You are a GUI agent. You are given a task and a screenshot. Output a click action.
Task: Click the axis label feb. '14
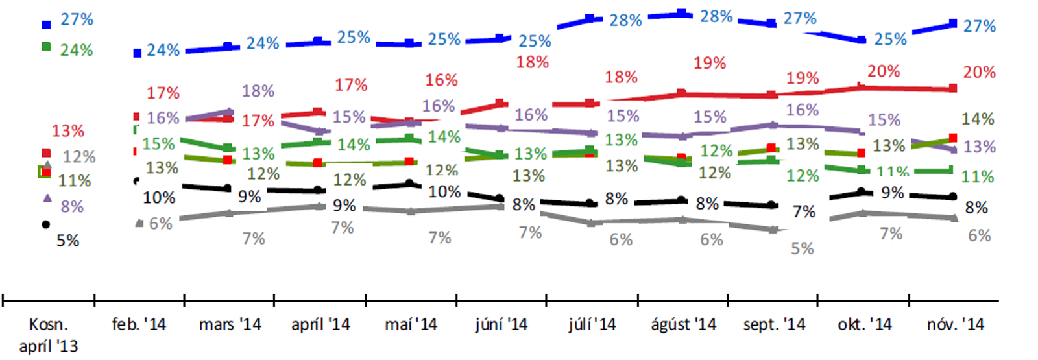click(139, 324)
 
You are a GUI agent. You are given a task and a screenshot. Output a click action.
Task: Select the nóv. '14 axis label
click(955, 324)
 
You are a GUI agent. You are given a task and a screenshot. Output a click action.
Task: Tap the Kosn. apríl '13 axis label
click(49, 335)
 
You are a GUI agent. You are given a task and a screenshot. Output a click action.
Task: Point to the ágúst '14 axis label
click(684, 324)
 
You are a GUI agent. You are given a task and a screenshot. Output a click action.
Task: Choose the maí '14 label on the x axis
click(411, 324)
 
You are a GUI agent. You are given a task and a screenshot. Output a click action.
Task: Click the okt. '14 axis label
click(865, 324)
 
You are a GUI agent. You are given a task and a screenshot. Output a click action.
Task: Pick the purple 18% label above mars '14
click(258, 91)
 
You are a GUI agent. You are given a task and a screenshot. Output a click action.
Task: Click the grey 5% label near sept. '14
click(802, 248)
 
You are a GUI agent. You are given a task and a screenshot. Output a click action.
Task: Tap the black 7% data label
click(804, 212)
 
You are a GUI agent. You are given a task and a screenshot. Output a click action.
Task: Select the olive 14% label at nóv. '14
click(978, 119)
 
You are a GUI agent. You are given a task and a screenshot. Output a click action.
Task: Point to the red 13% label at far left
click(68, 131)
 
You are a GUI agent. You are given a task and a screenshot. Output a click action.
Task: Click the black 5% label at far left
click(67, 241)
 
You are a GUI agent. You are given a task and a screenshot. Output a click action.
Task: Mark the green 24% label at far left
click(77, 50)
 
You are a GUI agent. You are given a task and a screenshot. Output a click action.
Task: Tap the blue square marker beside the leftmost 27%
click(46, 25)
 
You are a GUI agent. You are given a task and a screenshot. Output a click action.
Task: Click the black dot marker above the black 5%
click(45, 224)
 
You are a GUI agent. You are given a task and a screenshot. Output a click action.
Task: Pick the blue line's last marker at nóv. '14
click(953, 24)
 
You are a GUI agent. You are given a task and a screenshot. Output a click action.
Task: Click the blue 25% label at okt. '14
click(890, 40)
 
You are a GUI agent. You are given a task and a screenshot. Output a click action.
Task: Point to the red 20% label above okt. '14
click(884, 71)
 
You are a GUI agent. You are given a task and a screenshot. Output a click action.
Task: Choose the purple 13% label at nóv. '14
click(980, 147)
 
